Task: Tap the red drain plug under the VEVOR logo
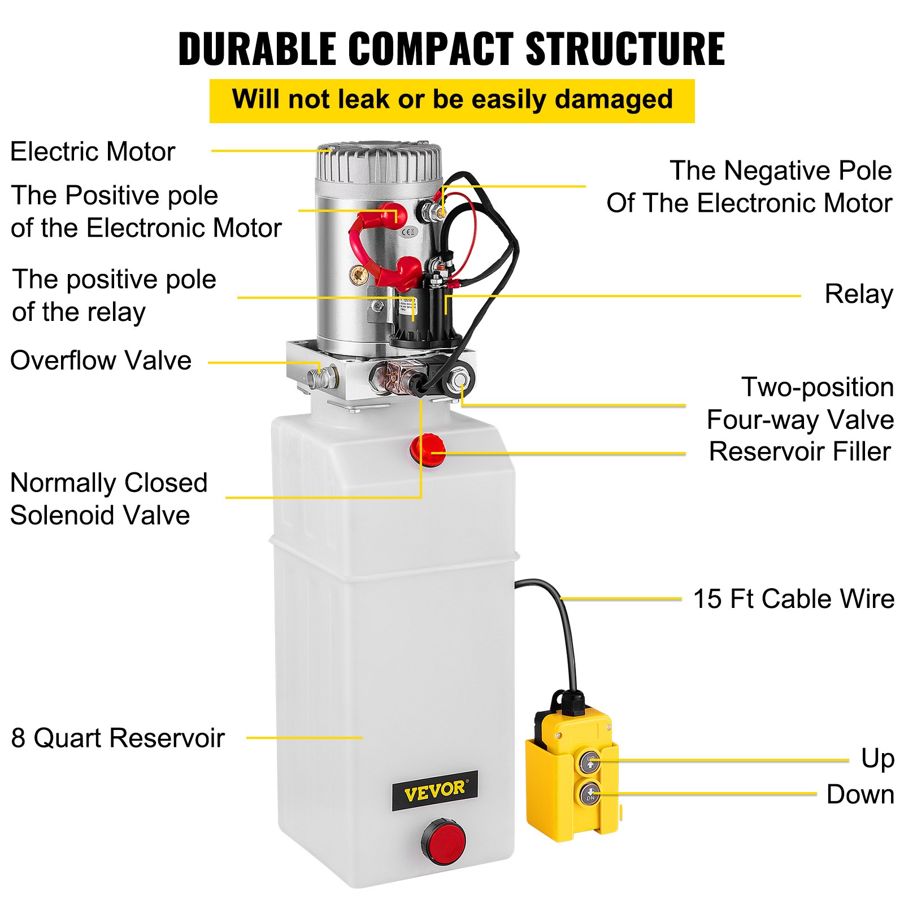(x=444, y=842)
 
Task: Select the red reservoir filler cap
(x=428, y=450)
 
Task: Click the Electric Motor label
(x=93, y=152)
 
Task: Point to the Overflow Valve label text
(x=101, y=360)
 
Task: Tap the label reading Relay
(x=858, y=294)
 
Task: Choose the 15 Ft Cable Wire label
(x=793, y=599)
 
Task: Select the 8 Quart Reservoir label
(x=118, y=738)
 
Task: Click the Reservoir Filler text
(x=799, y=452)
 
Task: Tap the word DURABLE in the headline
(x=257, y=49)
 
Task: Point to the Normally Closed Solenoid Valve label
(x=108, y=499)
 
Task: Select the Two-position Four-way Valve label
(x=800, y=403)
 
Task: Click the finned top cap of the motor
(x=379, y=161)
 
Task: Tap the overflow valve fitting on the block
(x=322, y=377)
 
